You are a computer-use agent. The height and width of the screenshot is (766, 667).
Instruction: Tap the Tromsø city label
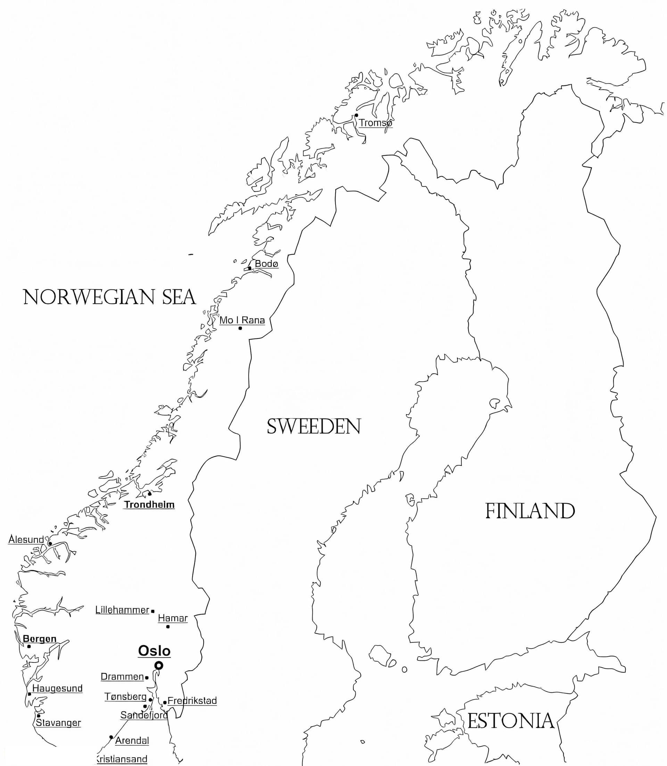tap(375, 123)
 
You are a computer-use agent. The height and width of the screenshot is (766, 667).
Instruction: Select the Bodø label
tap(266, 264)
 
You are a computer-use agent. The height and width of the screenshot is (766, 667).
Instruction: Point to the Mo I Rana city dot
tap(240, 328)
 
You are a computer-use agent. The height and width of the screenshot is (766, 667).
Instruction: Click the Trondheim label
tap(149, 505)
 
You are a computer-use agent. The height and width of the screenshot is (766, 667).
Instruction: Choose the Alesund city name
tap(26, 539)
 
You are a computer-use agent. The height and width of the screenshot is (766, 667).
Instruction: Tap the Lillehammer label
tap(122, 610)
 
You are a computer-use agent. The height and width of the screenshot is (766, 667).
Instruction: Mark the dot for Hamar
tap(168, 627)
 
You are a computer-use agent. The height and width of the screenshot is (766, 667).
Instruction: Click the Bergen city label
tap(40, 639)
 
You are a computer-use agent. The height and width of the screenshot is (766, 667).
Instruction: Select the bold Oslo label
tap(154, 651)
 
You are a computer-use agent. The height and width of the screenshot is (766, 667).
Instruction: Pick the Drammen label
tap(122, 677)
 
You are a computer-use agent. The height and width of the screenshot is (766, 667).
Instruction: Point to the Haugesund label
tap(57, 688)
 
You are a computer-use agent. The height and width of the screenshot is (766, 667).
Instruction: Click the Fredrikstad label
tap(192, 701)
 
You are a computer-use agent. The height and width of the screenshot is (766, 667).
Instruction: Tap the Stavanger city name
tap(58, 723)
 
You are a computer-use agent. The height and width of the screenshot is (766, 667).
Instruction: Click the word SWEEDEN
tap(314, 427)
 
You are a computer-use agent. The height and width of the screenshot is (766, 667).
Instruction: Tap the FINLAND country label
tap(530, 511)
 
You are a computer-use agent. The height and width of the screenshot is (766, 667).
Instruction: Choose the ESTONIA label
tap(511, 721)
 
